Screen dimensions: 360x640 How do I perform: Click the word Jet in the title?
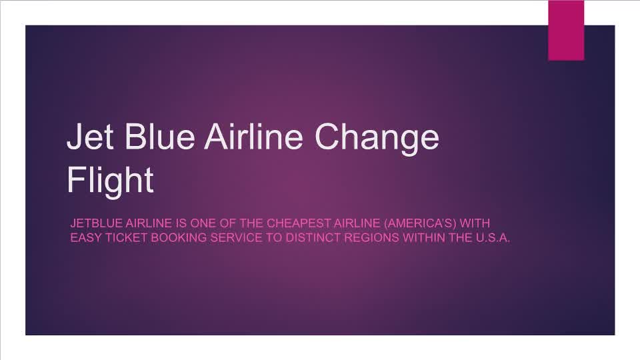coord(89,137)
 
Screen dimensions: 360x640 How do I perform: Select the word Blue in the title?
coord(157,137)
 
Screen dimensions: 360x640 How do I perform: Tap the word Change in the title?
coord(377,138)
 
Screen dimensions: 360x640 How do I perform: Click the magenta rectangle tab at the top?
coord(566,30)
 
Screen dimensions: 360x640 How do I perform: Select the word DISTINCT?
coord(313,238)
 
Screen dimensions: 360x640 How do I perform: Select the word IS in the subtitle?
coord(179,223)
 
